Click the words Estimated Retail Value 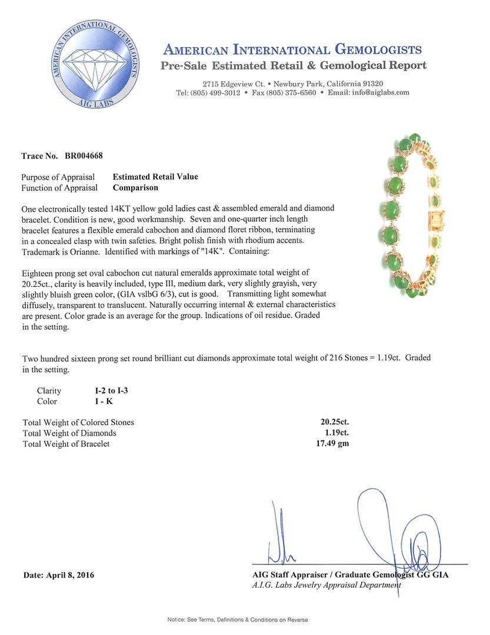[x=155, y=176]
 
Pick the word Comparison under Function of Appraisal [x=135, y=188]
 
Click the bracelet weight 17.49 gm [x=332, y=443]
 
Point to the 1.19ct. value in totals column [x=333, y=433]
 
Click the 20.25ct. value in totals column [x=333, y=422]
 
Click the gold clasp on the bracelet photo [x=438, y=219]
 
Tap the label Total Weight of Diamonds [x=69, y=433]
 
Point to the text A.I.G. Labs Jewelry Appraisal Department [x=326, y=585]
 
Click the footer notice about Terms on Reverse [x=238, y=620]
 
